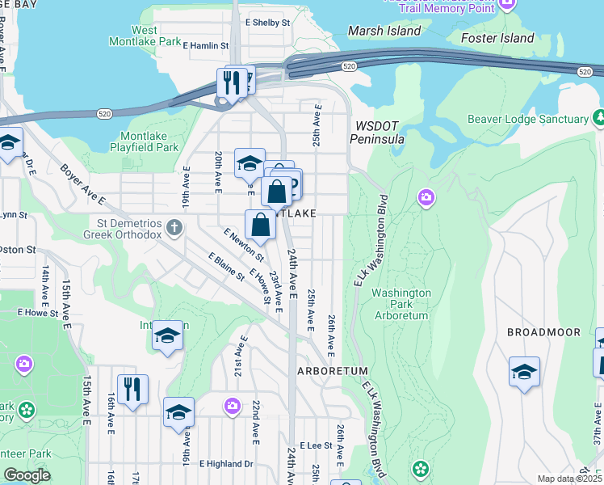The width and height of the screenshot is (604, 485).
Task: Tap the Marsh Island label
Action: coord(384,31)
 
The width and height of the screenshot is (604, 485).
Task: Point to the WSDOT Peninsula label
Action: coord(376,133)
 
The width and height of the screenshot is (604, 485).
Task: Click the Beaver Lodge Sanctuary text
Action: coord(528,120)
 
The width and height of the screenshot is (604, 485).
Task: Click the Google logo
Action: coord(27,475)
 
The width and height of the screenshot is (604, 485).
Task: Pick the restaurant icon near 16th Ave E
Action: coord(132,390)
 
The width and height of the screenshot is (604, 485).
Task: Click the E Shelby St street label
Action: coord(266,23)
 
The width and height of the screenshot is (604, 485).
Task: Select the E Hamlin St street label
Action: coord(206,46)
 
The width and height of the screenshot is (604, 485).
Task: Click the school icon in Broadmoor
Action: coord(524,373)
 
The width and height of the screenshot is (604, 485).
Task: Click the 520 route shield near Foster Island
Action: coord(585,73)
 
